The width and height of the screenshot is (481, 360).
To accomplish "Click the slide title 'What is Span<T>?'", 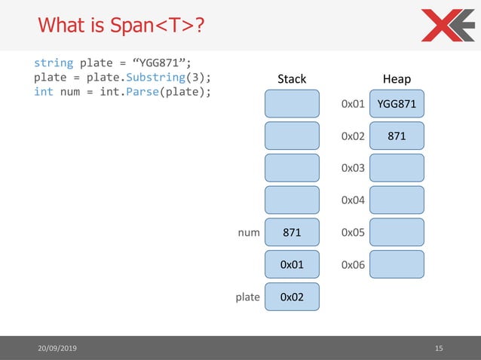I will (120, 26).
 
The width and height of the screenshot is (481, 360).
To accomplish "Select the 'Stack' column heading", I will (292, 79).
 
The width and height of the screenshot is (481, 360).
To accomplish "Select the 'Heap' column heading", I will (397, 79).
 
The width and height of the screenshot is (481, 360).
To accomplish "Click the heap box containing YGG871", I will (397, 103).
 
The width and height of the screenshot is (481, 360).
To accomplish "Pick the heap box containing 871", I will (397, 136).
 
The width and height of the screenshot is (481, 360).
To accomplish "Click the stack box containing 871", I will (292, 233).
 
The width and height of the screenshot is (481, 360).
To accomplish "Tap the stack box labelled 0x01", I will (292, 265).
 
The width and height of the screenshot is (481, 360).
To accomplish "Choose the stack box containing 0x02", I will (292, 297).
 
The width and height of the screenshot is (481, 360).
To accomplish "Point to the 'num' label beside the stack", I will (248, 233).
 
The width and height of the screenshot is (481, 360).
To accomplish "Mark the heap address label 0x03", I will (353, 168).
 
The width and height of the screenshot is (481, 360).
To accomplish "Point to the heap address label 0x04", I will (353, 200).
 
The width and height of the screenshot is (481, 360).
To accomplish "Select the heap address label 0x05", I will (353, 233).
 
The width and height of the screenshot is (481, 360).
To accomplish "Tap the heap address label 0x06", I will (353, 265).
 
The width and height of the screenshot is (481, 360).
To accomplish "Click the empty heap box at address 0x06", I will (397, 265).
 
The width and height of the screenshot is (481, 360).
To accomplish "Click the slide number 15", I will (440, 348).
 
